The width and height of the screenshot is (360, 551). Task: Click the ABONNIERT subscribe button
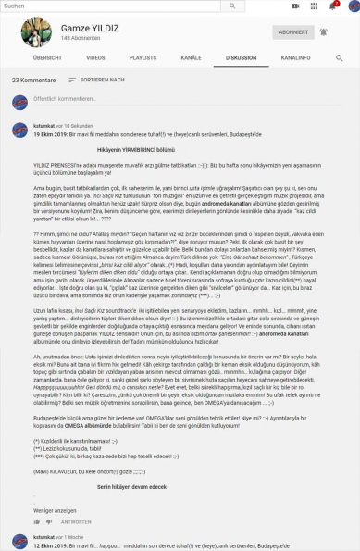[292, 31]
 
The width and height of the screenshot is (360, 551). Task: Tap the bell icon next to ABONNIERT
[324, 31]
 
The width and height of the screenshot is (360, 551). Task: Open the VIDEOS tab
[95, 57]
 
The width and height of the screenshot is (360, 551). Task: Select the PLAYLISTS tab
[143, 57]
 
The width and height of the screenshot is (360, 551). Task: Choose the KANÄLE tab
[191, 57]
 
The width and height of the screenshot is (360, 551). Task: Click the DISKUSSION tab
[240, 57]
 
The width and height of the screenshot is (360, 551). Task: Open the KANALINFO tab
[295, 57]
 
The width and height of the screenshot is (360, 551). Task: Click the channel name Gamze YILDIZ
[91, 28]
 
